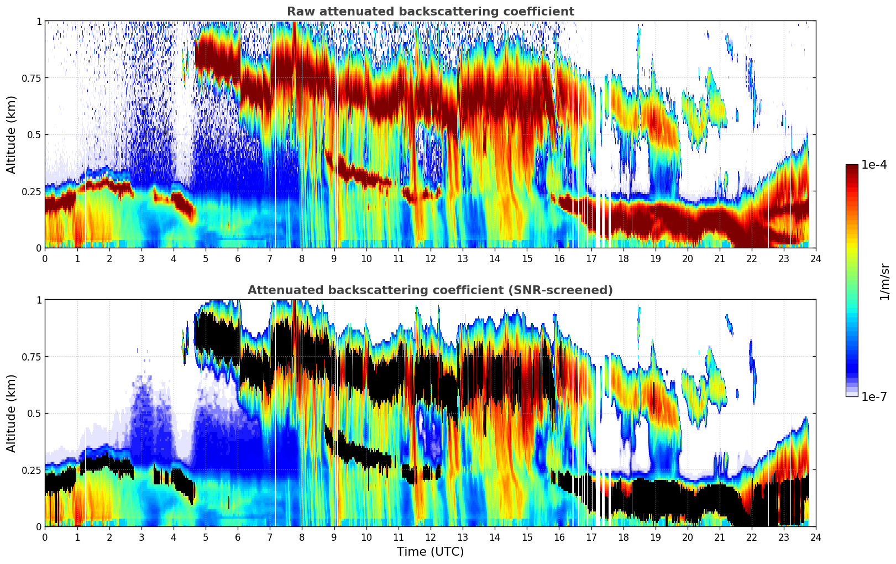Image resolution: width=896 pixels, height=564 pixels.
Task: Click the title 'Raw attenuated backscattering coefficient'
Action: pyautogui.click(x=430, y=12)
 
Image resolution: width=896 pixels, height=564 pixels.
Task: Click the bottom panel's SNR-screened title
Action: pyautogui.click(x=430, y=290)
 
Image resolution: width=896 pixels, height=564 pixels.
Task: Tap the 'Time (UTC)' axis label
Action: pyautogui.click(x=430, y=552)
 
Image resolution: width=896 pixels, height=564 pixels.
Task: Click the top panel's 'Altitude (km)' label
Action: pyautogui.click(x=12, y=134)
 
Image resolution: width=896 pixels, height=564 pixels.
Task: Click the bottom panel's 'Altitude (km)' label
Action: pyautogui.click(x=12, y=413)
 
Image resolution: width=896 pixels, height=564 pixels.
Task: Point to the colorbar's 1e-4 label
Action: pyautogui.click(x=874, y=165)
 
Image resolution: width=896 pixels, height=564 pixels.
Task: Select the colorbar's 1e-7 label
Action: pyautogui.click(x=874, y=396)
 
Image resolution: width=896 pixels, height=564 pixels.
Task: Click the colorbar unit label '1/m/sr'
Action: pyautogui.click(x=884, y=282)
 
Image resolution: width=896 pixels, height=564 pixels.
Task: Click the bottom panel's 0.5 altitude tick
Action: pyautogui.click(x=35, y=413)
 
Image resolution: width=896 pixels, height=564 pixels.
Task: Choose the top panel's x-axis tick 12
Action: pyautogui.click(x=430, y=258)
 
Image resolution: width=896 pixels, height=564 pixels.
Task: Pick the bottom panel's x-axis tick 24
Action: pyautogui.click(x=816, y=537)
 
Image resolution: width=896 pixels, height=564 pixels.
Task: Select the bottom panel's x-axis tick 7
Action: pyautogui.click(x=270, y=537)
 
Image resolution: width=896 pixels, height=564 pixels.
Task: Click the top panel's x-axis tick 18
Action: pyautogui.click(x=623, y=258)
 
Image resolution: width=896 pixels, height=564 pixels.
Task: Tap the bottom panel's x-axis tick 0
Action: pyautogui.click(x=45, y=537)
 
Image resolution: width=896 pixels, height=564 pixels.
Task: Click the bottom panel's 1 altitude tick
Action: pyautogui.click(x=39, y=300)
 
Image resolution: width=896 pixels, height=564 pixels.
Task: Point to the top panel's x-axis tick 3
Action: pyautogui.click(x=141, y=258)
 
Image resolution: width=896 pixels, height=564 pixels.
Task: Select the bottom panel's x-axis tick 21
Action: pyautogui.click(x=719, y=537)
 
